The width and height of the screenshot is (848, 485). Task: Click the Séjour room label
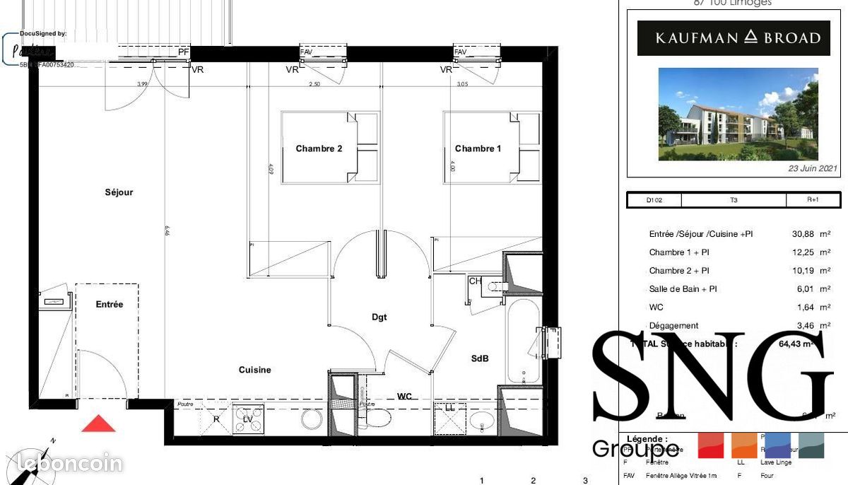(119, 192)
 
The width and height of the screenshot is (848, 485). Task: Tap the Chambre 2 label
(319, 148)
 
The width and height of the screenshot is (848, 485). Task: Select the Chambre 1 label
(478, 148)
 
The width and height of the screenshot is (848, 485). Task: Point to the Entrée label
(110, 305)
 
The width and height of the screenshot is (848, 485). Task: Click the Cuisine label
(254, 370)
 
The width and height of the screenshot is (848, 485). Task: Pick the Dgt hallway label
(379, 317)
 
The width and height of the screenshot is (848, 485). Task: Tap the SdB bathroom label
(480, 358)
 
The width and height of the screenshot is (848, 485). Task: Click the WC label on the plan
(404, 397)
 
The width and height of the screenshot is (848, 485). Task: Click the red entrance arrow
(98, 423)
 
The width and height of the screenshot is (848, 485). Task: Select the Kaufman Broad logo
(738, 38)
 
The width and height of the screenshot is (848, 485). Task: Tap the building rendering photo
(738, 114)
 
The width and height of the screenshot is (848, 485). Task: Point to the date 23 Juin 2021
(813, 168)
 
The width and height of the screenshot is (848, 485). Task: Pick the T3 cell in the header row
(734, 200)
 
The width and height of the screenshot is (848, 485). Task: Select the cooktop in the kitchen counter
(249, 419)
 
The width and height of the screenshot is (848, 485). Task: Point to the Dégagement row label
(674, 326)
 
